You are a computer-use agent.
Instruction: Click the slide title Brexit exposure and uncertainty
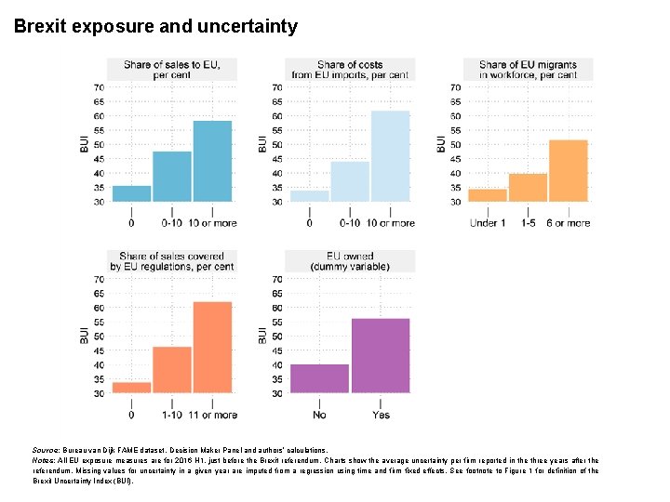point(155,26)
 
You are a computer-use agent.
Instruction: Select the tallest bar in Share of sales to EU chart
point(212,161)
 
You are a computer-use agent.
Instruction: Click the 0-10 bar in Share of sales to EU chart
point(172,177)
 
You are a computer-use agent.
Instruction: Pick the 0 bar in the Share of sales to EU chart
point(131,193)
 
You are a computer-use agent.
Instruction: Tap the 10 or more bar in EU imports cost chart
point(390,156)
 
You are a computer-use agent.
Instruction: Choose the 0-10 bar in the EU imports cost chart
point(350,181)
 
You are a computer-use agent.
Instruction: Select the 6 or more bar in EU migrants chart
point(569,170)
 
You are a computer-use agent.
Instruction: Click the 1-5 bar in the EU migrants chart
point(529,187)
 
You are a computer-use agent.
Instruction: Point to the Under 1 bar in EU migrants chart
point(488,195)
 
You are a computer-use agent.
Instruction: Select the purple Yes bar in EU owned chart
point(381,356)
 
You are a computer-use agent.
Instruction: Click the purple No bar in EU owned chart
point(320,378)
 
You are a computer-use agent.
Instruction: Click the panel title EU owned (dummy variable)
point(350,261)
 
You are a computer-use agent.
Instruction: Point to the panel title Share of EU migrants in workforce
point(528,70)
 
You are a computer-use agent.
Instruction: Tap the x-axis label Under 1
point(488,223)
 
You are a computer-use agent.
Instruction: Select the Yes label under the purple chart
point(381,415)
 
